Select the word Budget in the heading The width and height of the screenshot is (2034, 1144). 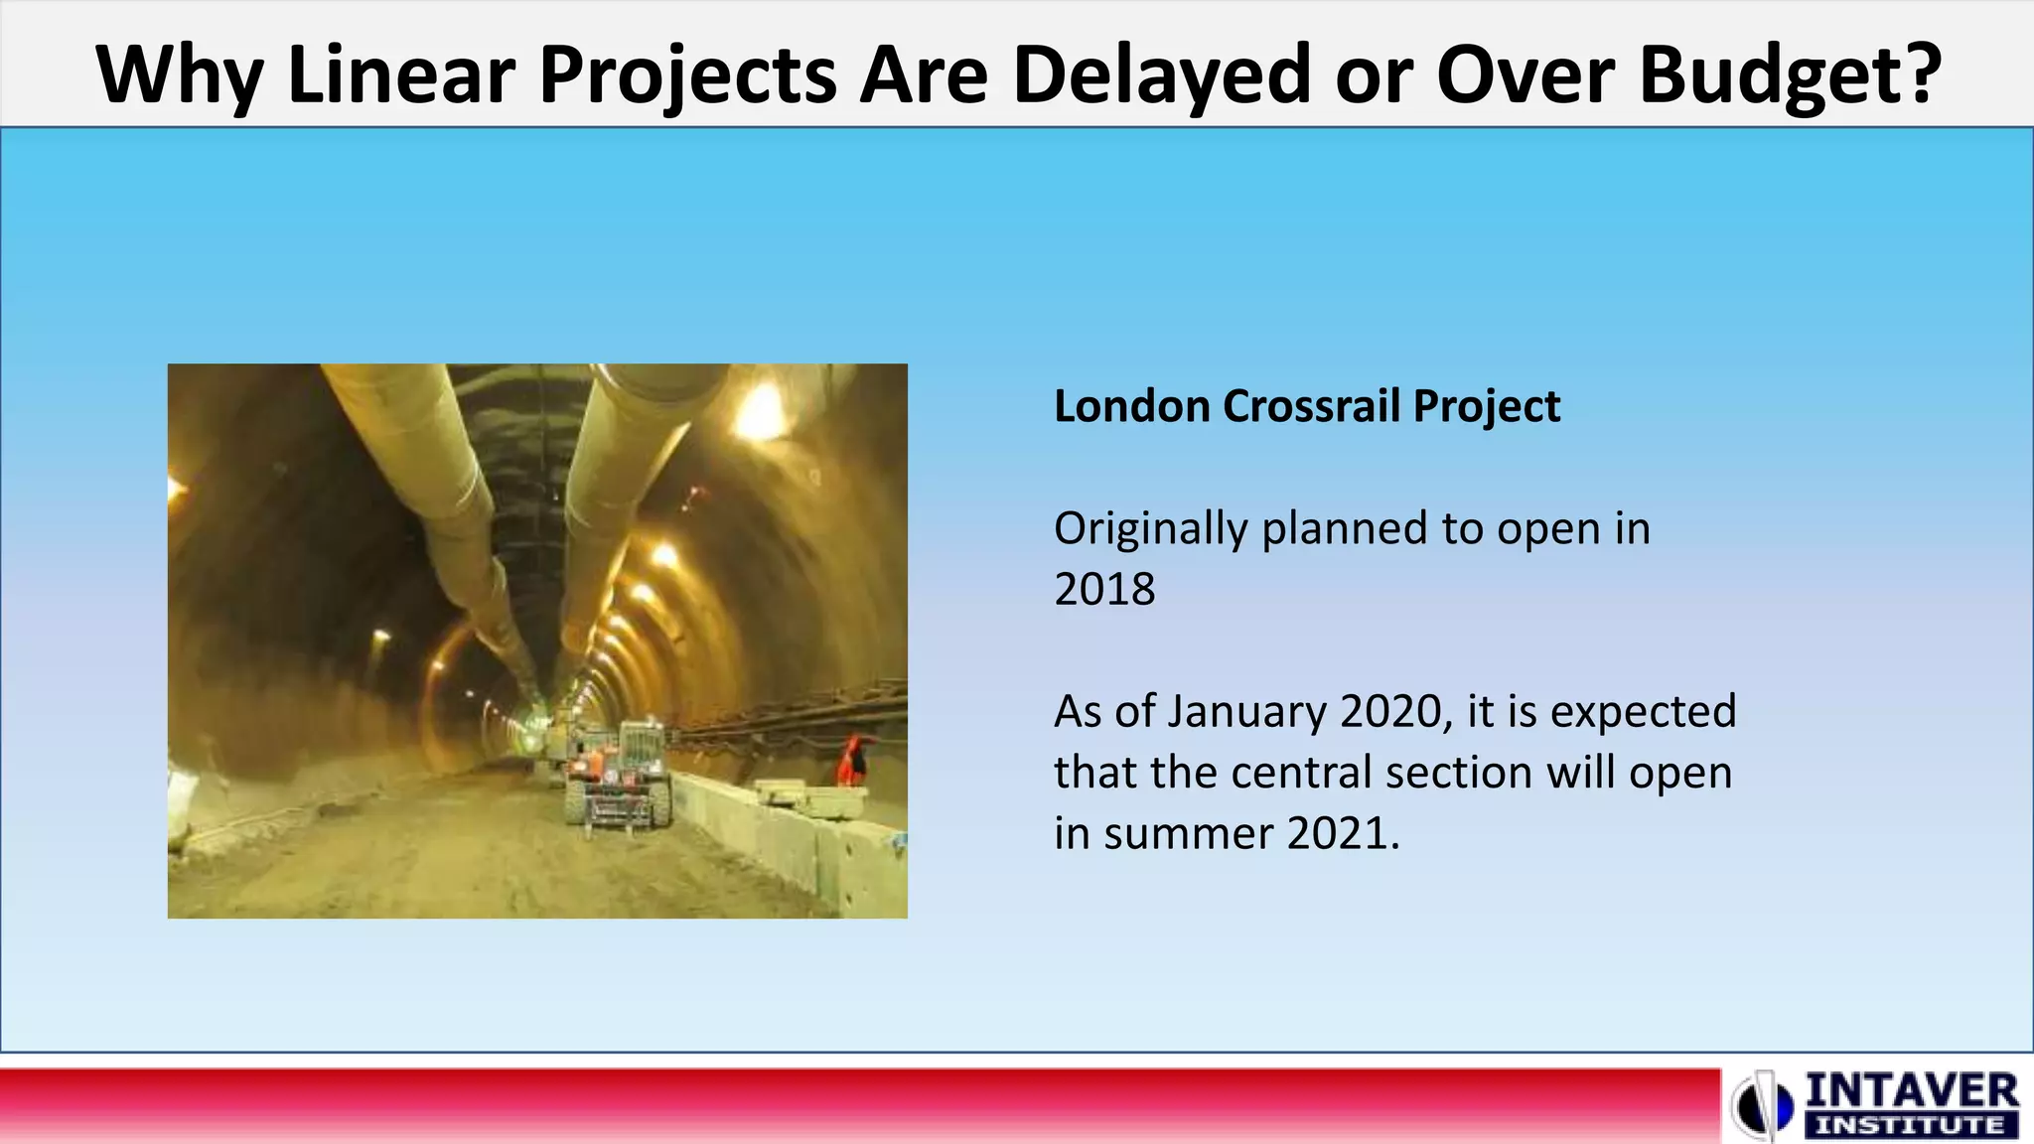click(1773, 74)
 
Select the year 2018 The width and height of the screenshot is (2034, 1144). click(1104, 590)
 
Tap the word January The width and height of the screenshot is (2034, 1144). click(1245, 712)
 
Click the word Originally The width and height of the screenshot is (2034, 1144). click(1150, 529)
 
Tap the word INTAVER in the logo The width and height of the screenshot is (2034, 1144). click(1911, 1092)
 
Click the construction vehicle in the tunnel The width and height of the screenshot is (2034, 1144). click(618, 775)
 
